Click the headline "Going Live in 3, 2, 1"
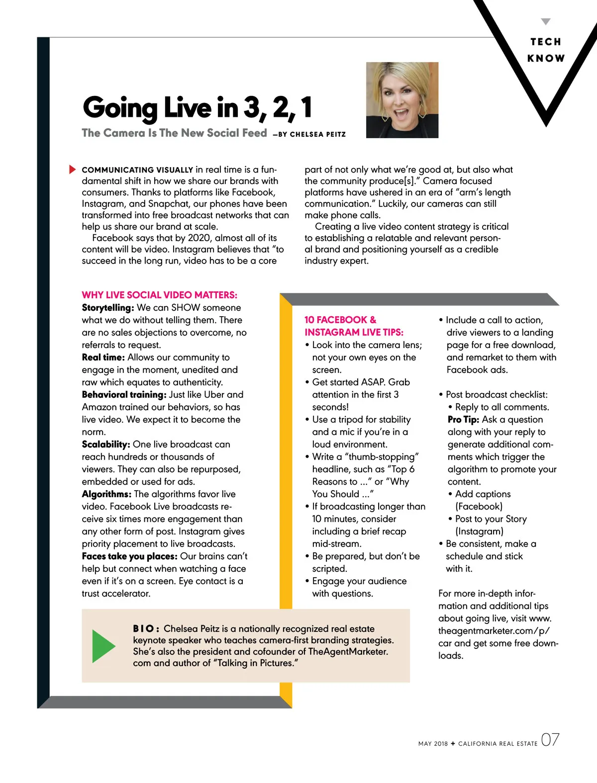[x=198, y=108]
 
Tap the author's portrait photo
[x=402, y=100]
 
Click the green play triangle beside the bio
[x=102, y=646]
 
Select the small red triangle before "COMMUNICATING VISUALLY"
[x=73, y=170]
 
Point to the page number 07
[x=550, y=740]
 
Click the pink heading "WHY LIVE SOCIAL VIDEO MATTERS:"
[x=159, y=295]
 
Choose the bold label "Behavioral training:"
[x=124, y=395]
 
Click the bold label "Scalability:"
[x=106, y=444]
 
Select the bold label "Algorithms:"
[x=106, y=494]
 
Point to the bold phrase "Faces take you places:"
[x=129, y=556]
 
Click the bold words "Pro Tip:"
[x=463, y=420]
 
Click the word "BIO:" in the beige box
[x=146, y=629]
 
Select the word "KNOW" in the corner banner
[x=546, y=58]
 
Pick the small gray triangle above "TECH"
[x=546, y=22]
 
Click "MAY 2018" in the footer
[x=433, y=744]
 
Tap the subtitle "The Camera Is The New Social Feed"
[x=174, y=133]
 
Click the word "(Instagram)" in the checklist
[x=480, y=531]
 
